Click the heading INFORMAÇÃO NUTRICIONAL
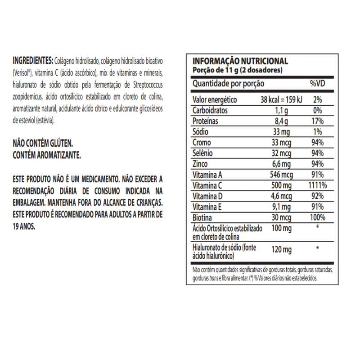point(240,62)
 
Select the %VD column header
point(317,84)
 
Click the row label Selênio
point(203,153)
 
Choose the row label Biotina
point(202,218)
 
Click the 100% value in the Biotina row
point(318,218)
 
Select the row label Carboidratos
point(210,110)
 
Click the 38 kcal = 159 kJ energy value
point(282,99)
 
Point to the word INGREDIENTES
point(33,61)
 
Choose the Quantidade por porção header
point(228,84)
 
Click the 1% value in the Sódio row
point(318,132)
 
